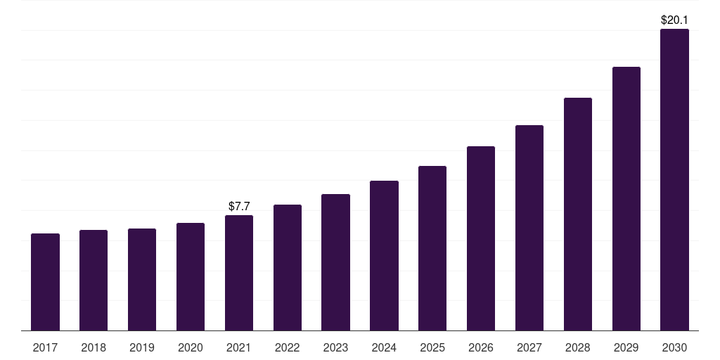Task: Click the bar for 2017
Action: point(45,282)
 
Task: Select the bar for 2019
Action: point(142,279)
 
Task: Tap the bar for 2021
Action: point(239,273)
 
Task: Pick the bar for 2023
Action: point(335,262)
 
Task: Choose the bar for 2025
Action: point(432,248)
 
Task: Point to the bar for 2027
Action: point(529,228)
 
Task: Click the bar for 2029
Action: point(626,198)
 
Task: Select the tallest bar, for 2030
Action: point(674,179)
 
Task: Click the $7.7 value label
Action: point(239,206)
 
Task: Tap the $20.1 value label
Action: point(674,20)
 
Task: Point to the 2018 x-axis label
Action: point(94,347)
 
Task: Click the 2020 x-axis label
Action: point(191,347)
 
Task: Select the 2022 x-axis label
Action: point(287,347)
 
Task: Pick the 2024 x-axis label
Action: point(384,347)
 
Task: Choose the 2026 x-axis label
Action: point(481,347)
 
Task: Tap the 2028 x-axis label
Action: point(578,347)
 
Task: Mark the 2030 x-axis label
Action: point(674,347)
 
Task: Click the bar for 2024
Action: point(384,255)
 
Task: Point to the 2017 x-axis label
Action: point(45,347)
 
